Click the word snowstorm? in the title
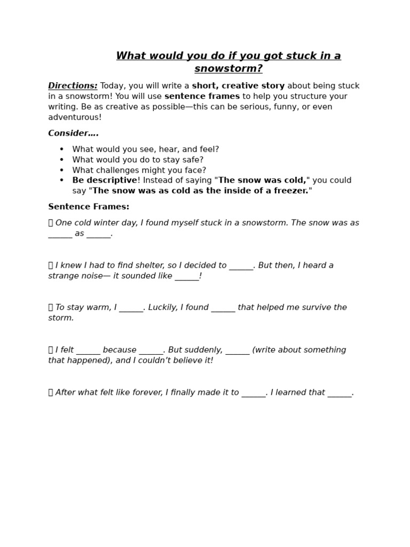(228, 69)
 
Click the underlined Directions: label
(73, 86)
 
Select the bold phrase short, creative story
(238, 86)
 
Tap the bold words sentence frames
(202, 97)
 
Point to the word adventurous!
(75, 118)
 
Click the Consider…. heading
(73, 134)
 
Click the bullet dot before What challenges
(61, 170)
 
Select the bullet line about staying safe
(138, 160)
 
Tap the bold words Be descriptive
(105, 181)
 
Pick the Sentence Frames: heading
(89, 207)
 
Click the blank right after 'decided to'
(241, 266)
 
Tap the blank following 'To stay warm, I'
(131, 308)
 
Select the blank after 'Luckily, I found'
(223, 308)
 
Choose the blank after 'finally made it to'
(254, 393)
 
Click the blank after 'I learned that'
(340, 393)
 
